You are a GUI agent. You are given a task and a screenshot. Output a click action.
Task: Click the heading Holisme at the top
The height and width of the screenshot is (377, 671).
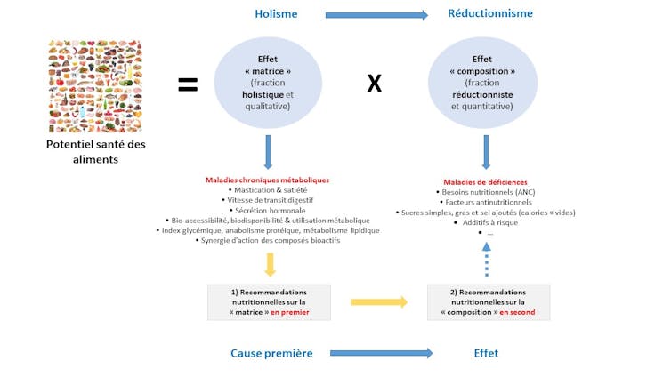276,14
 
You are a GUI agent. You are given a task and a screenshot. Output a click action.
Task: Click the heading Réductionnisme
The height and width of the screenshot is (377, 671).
490,14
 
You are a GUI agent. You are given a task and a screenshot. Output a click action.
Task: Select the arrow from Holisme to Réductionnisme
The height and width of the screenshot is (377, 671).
376,15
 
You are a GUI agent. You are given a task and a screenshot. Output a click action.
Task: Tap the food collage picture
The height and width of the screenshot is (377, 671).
94,86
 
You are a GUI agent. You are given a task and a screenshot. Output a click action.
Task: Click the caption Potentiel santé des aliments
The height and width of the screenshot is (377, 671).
94,152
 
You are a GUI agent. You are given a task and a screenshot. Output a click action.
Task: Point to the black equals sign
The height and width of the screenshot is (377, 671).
188,84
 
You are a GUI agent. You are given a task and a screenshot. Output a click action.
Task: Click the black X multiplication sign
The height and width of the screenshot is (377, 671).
375,84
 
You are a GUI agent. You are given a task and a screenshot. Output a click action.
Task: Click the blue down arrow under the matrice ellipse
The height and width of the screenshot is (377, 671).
268,152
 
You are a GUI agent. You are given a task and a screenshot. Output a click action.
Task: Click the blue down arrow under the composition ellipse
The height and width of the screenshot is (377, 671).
486,152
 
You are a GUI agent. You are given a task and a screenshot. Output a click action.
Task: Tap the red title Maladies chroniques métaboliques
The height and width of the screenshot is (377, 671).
267,180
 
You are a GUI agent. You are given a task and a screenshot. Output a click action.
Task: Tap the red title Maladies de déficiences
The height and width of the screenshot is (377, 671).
485,181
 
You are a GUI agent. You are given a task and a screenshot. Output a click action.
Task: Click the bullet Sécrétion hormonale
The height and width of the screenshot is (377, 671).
267,210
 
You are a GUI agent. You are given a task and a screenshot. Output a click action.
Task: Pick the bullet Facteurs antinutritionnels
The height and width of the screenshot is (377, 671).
485,202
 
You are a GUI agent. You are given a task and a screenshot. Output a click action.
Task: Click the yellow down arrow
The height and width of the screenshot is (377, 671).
270,264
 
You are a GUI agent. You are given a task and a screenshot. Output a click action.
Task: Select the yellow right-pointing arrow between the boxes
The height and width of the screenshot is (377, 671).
378,302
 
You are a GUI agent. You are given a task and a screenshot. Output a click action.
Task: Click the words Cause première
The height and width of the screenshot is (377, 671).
271,353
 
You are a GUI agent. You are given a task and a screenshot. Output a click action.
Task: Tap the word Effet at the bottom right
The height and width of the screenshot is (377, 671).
486,353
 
